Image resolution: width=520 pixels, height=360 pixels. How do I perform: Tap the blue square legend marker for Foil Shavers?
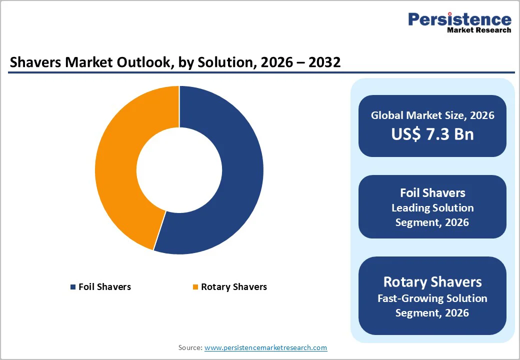[73, 287]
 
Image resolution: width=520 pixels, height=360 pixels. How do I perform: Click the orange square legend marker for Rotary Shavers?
[195, 287]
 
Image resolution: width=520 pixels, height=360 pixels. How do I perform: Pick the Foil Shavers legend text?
[104, 287]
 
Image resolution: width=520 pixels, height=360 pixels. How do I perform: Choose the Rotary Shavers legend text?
[234, 287]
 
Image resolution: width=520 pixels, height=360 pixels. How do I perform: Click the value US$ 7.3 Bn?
[432, 134]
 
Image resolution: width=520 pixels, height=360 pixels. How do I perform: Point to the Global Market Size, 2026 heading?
[432, 115]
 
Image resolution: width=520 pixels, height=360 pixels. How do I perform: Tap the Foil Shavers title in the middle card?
[432, 193]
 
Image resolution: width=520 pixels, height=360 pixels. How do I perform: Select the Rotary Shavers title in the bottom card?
[432, 281]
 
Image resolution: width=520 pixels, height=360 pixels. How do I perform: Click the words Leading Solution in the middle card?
[432, 207]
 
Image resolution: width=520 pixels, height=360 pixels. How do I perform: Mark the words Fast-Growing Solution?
[432, 298]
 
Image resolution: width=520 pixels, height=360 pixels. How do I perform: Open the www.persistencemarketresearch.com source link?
[265, 347]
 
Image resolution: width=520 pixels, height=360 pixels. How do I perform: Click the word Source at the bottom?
[189, 347]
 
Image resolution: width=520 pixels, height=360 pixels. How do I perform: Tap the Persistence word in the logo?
[459, 19]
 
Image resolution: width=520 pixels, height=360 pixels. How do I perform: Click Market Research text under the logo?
[479, 30]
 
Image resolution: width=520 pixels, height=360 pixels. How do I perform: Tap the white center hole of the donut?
[179, 170]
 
